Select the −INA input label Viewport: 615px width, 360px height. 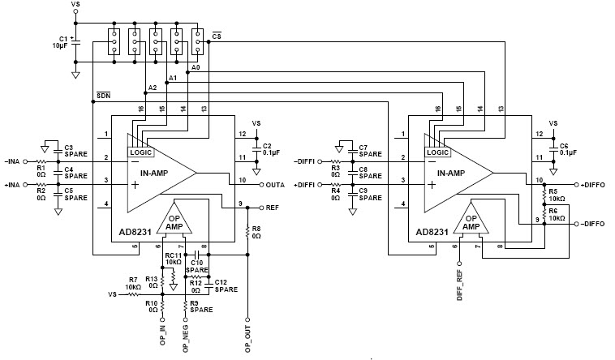pyautogui.click(x=14, y=161)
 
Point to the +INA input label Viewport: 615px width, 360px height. pyautogui.click(x=14, y=185)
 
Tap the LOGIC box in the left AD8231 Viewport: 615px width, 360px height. pyautogui.click(x=141, y=152)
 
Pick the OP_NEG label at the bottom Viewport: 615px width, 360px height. pyautogui.click(x=187, y=336)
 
